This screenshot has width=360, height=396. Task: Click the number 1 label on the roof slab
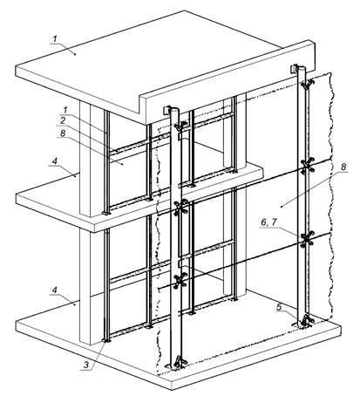click(x=55, y=38)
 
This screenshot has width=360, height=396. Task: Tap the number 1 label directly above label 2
click(x=65, y=110)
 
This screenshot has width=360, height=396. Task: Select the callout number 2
click(x=63, y=120)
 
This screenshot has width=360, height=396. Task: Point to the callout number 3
click(x=86, y=365)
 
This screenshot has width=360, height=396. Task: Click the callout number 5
click(x=279, y=307)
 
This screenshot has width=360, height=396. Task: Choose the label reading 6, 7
click(x=268, y=222)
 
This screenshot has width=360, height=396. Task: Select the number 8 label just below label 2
click(x=63, y=133)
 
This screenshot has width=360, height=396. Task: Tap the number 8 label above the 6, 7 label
click(x=343, y=167)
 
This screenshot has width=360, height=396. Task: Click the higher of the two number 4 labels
click(x=55, y=160)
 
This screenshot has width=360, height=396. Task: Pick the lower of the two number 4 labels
click(x=55, y=290)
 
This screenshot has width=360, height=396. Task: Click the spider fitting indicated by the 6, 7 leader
click(x=308, y=239)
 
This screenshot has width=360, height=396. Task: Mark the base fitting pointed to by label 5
click(x=304, y=322)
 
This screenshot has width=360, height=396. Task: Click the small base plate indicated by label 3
click(x=106, y=340)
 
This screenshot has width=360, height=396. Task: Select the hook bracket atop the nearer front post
click(x=168, y=111)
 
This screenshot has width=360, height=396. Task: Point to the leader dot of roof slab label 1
click(x=76, y=54)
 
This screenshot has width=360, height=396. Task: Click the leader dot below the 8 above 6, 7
click(x=282, y=207)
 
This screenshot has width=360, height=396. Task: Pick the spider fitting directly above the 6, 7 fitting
click(x=308, y=166)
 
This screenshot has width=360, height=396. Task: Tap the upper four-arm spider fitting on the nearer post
click(x=180, y=208)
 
